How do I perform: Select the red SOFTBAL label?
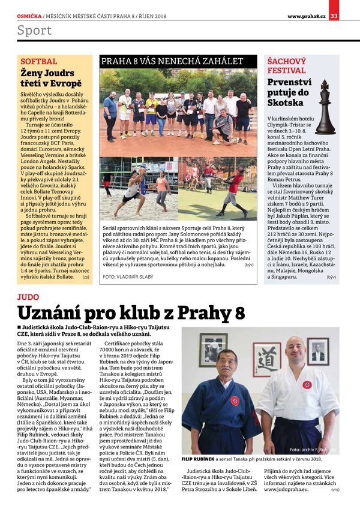(39, 62)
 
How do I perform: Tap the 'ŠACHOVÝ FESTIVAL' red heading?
(287, 66)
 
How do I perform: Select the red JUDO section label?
(28, 296)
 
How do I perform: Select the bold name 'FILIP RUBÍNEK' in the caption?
(202, 459)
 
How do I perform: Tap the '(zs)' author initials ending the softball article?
(86, 278)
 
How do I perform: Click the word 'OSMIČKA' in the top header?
(29, 16)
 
